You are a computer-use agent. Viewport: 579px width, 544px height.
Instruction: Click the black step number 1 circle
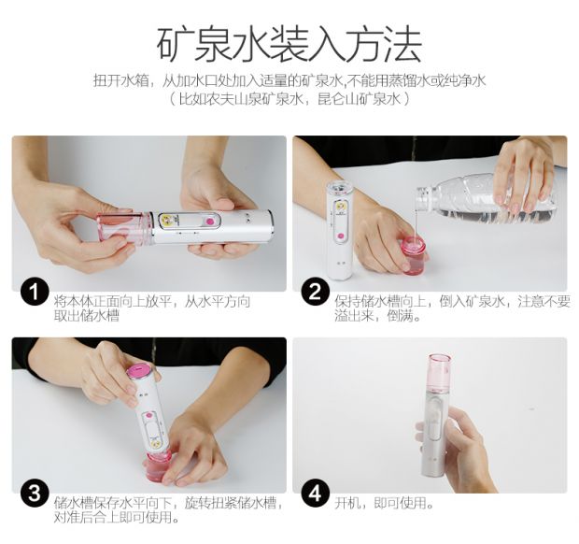[35, 292]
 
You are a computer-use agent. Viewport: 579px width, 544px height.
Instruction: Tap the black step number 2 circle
[315, 292]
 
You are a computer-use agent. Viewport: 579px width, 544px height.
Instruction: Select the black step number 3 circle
[35, 494]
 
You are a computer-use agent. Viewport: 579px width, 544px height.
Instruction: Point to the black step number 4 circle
[315, 494]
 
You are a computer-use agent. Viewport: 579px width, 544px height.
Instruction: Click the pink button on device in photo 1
[210, 222]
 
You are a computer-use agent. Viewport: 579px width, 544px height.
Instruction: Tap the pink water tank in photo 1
[124, 228]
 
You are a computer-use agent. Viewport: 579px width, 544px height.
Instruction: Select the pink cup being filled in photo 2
[415, 255]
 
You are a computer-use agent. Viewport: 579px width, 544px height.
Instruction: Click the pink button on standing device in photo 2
[341, 236]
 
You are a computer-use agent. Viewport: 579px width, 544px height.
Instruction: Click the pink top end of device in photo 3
[138, 372]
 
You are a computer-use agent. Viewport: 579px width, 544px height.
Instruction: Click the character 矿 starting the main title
[176, 44]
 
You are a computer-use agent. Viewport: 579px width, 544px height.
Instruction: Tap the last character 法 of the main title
[402, 44]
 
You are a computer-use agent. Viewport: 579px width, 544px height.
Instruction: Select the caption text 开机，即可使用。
[385, 503]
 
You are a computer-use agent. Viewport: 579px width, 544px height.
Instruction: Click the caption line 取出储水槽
[87, 316]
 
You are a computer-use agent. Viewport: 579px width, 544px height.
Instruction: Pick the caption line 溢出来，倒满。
[378, 316]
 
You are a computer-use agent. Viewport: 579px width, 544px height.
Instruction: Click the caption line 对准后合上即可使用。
[117, 518]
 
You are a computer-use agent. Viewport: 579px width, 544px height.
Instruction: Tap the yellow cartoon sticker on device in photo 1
[167, 221]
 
